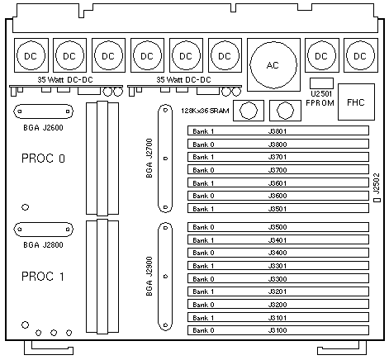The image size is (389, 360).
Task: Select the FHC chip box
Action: click(356, 102)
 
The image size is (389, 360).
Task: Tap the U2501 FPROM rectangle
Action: click(321, 83)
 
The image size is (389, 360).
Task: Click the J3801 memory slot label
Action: click(278, 131)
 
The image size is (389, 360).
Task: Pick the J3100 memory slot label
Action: click(278, 330)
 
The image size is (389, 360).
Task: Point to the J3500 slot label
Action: click(278, 227)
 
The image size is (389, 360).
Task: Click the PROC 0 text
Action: click(43, 159)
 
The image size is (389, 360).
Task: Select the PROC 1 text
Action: click(43, 277)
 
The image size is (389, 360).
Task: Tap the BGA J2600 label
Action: click(43, 127)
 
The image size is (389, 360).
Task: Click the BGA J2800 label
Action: click(43, 244)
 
